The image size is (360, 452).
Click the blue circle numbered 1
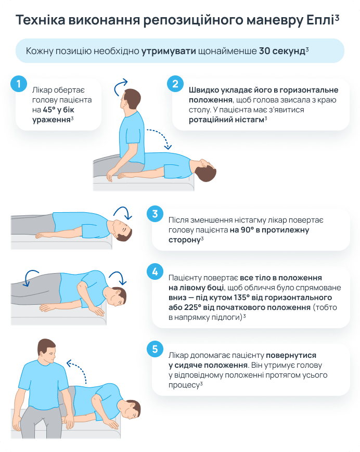[x=19, y=84]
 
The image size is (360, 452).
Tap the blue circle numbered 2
[x=175, y=84]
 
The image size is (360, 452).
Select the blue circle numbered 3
[x=155, y=214]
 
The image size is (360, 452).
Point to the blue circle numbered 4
[x=155, y=272]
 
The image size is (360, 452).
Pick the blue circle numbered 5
[x=155, y=349]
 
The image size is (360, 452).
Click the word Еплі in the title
[x=320, y=20]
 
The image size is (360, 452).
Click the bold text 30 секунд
[x=282, y=51]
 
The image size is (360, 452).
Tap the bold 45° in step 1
[x=49, y=110]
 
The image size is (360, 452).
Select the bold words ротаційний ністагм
[x=226, y=120]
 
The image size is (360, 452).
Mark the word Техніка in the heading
[x=41, y=20]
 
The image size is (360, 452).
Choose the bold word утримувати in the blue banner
[x=169, y=51]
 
